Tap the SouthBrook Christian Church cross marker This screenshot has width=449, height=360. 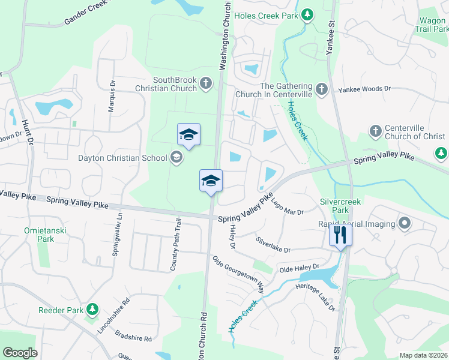coord(206,83)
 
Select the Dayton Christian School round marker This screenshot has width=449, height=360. coord(176,158)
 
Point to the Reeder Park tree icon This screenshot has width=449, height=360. coord(92,310)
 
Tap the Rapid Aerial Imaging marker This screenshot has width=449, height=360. coord(404,224)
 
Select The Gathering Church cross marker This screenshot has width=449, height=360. coord(321,90)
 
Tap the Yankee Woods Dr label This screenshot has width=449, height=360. coord(364,89)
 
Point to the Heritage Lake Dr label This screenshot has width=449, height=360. coord(315,297)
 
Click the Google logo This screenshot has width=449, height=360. coord(20,353)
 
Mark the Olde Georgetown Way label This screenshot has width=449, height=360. coord(239,275)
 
